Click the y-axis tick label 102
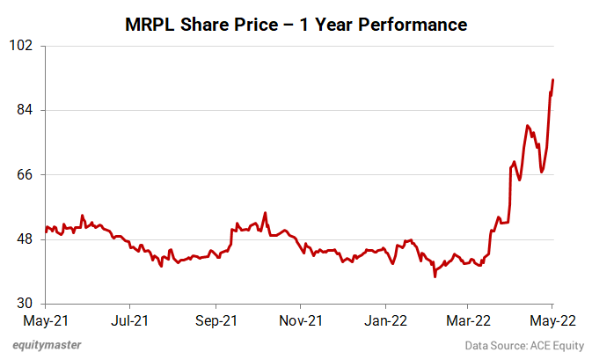tap(21, 45)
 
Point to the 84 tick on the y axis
tap(24, 110)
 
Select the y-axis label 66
tap(24, 174)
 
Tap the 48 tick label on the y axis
tap(24, 239)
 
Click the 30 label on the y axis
tap(24, 304)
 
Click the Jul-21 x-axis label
tap(130, 320)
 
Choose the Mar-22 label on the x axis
tap(469, 320)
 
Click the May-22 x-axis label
tap(552, 320)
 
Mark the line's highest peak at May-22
tap(552, 80)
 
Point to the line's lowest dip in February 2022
tap(435, 276)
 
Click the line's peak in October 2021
tap(265, 212)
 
